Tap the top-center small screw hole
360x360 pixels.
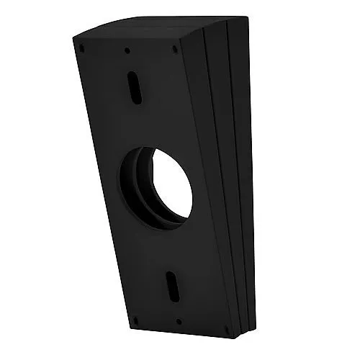coord(127,50)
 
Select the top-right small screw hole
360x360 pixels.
coord(175,50)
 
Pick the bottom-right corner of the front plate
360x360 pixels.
coord(229,338)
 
